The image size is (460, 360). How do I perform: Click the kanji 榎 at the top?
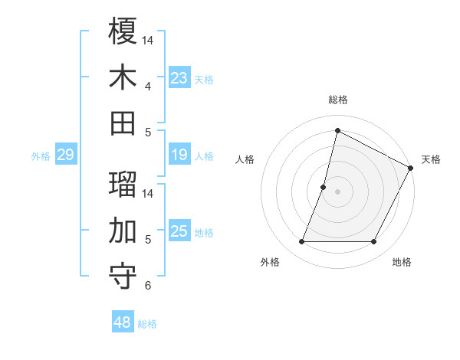pos(123,31)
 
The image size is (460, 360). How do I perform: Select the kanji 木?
pos(123,77)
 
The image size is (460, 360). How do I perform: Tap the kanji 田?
pos(123,123)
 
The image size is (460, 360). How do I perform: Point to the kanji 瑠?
pos(123,185)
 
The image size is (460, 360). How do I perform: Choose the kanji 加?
pos(123,230)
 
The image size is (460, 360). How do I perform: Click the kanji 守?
pos(123,277)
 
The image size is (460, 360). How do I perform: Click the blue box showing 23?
pos(179,78)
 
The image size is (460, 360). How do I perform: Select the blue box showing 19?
pos(179,155)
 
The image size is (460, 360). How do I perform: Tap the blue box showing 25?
pos(179,231)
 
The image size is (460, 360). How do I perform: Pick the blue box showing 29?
pos(66,155)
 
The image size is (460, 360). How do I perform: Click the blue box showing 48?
pos(123,323)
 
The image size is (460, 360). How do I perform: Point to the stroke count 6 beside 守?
pos(148,286)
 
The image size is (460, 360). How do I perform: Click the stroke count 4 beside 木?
pos(148,86)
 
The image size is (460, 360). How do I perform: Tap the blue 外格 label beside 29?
pos(41,156)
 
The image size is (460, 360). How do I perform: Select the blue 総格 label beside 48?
pos(147,324)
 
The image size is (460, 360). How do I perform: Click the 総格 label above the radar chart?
pos(337,100)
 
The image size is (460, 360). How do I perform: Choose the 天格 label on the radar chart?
pos(431,159)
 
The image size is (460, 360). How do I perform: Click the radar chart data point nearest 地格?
pos(374,242)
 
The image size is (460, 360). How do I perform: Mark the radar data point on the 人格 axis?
pos(324,187)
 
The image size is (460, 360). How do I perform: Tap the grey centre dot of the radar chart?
pos(337,191)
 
